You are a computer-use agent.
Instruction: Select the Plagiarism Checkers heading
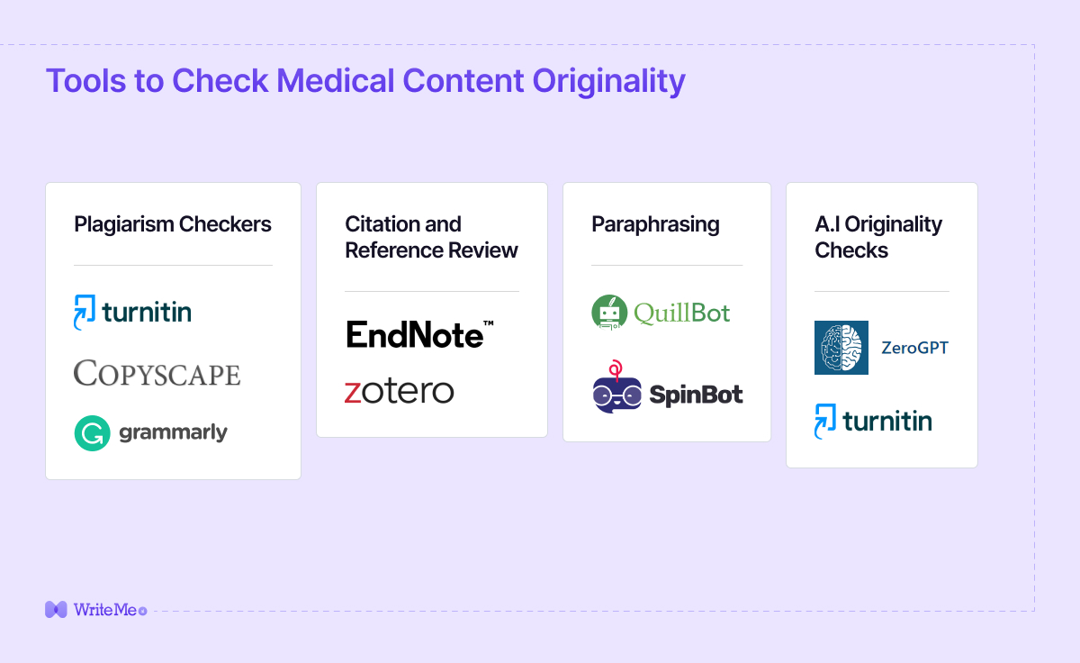click(x=173, y=224)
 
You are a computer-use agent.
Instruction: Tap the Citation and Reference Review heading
click(x=431, y=237)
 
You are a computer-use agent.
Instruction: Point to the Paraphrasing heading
click(x=655, y=224)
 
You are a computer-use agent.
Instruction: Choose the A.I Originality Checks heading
click(x=878, y=237)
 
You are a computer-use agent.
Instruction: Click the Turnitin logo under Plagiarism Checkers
click(x=132, y=313)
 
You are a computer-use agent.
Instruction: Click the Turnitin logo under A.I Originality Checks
click(x=873, y=421)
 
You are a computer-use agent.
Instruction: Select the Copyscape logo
click(x=157, y=373)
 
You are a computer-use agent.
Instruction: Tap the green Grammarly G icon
click(x=92, y=433)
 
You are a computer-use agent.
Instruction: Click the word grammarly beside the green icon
click(x=173, y=433)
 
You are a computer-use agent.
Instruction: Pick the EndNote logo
click(x=419, y=334)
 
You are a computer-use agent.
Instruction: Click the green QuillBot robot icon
click(x=609, y=313)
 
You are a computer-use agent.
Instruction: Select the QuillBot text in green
click(x=681, y=313)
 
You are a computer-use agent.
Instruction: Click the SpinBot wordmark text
click(x=696, y=395)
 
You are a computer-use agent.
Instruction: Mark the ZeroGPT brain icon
click(x=841, y=348)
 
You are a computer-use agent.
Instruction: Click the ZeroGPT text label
click(x=914, y=348)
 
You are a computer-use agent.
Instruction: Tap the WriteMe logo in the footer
click(x=94, y=610)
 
